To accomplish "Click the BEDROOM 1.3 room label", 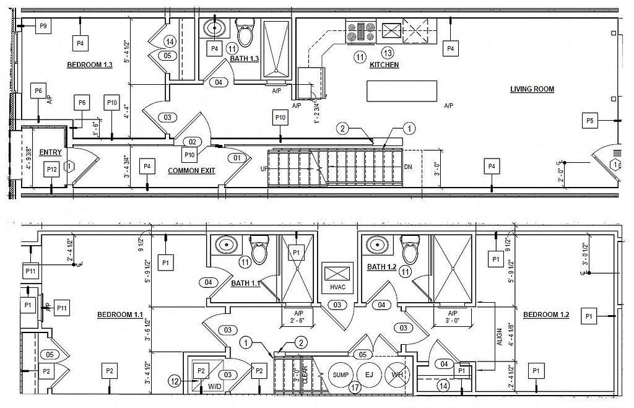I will tap(89, 65).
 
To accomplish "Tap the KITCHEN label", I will tap(384, 65).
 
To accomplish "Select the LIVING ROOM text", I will tap(532, 89).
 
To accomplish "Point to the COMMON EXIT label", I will tap(191, 170).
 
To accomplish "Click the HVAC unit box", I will tap(337, 277).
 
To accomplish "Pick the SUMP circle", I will tap(341, 375).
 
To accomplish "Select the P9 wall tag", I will tap(43, 26).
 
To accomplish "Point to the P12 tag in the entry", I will tap(51, 168).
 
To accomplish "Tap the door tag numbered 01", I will tap(237, 158).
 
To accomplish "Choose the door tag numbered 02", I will tap(192, 142).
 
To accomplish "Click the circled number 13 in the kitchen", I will tap(388, 53).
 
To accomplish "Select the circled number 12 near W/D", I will tap(175, 382).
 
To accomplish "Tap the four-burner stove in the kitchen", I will tap(361, 32).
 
